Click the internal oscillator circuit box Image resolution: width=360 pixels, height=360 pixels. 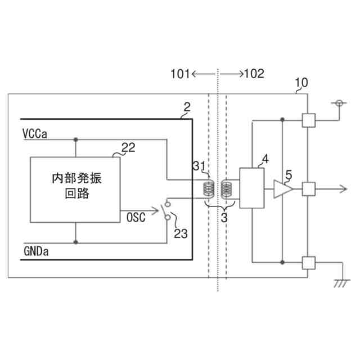(74, 189)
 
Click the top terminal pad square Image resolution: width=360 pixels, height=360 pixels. (308, 119)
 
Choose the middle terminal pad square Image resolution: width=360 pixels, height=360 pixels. (308, 189)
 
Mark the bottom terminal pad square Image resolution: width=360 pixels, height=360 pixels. (308, 262)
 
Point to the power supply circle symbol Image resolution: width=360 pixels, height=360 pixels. (339, 103)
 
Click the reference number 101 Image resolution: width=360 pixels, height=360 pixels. (181, 74)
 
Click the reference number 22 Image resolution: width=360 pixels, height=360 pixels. (128, 148)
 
